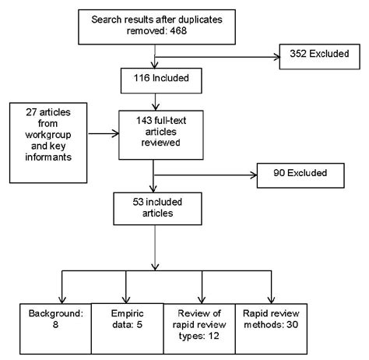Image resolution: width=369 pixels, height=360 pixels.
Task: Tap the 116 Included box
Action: point(156,79)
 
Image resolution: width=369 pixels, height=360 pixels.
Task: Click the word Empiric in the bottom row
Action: point(118,316)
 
